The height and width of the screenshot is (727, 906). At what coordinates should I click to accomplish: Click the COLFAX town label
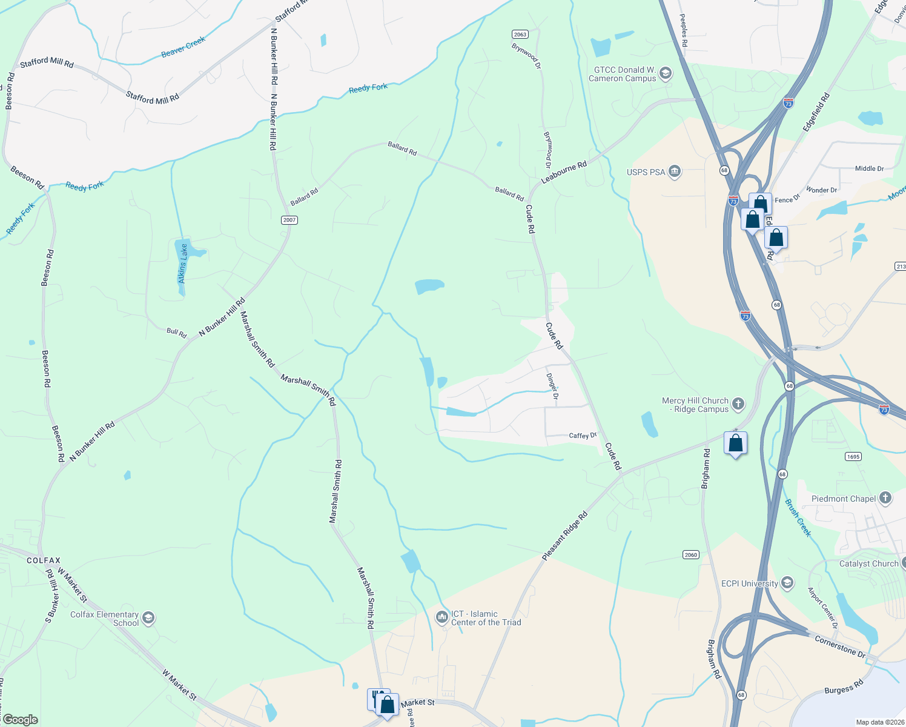(44, 561)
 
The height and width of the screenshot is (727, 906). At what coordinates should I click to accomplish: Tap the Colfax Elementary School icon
(148, 619)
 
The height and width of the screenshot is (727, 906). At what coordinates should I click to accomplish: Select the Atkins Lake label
(183, 264)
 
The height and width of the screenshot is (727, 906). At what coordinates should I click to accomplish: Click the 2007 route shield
(289, 220)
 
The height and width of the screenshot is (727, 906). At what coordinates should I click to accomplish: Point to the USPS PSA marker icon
(675, 172)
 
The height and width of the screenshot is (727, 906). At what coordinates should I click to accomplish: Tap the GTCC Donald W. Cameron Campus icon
(666, 74)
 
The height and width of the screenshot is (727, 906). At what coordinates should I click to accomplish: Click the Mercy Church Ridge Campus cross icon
(738, 404)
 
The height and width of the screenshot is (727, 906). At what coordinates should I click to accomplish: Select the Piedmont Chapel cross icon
(885, 499)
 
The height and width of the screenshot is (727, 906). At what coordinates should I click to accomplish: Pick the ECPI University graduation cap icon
(787, 583)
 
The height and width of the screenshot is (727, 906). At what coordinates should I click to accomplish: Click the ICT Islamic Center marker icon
(442, 618)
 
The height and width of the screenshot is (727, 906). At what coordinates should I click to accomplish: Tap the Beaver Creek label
(184, 47)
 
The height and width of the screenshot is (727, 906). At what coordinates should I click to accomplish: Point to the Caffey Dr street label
(583, 436)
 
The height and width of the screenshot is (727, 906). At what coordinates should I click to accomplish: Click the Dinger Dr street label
(552, 386)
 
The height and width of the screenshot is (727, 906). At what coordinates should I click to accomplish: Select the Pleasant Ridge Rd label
(564, 536)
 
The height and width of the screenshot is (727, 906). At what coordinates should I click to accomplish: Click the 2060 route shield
(690, 555)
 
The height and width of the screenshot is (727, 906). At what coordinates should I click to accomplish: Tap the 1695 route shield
(853, 457)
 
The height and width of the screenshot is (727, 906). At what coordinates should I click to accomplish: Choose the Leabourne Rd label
(564, 172)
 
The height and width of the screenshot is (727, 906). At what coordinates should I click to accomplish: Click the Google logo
(20, 720)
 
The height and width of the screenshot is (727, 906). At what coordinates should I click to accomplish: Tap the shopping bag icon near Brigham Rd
(735, 443)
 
